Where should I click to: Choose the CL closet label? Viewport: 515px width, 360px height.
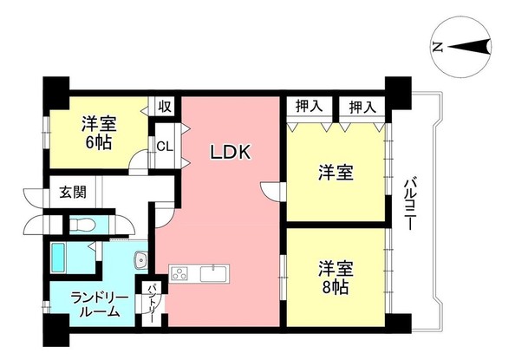coord(164,146)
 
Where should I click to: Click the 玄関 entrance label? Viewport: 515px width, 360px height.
coord(72,193)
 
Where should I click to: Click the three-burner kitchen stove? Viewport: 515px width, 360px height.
coord(181,274)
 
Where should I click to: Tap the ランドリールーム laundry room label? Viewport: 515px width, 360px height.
coord(94,304)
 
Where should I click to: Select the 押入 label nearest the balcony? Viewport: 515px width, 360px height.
coord(362,107)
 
